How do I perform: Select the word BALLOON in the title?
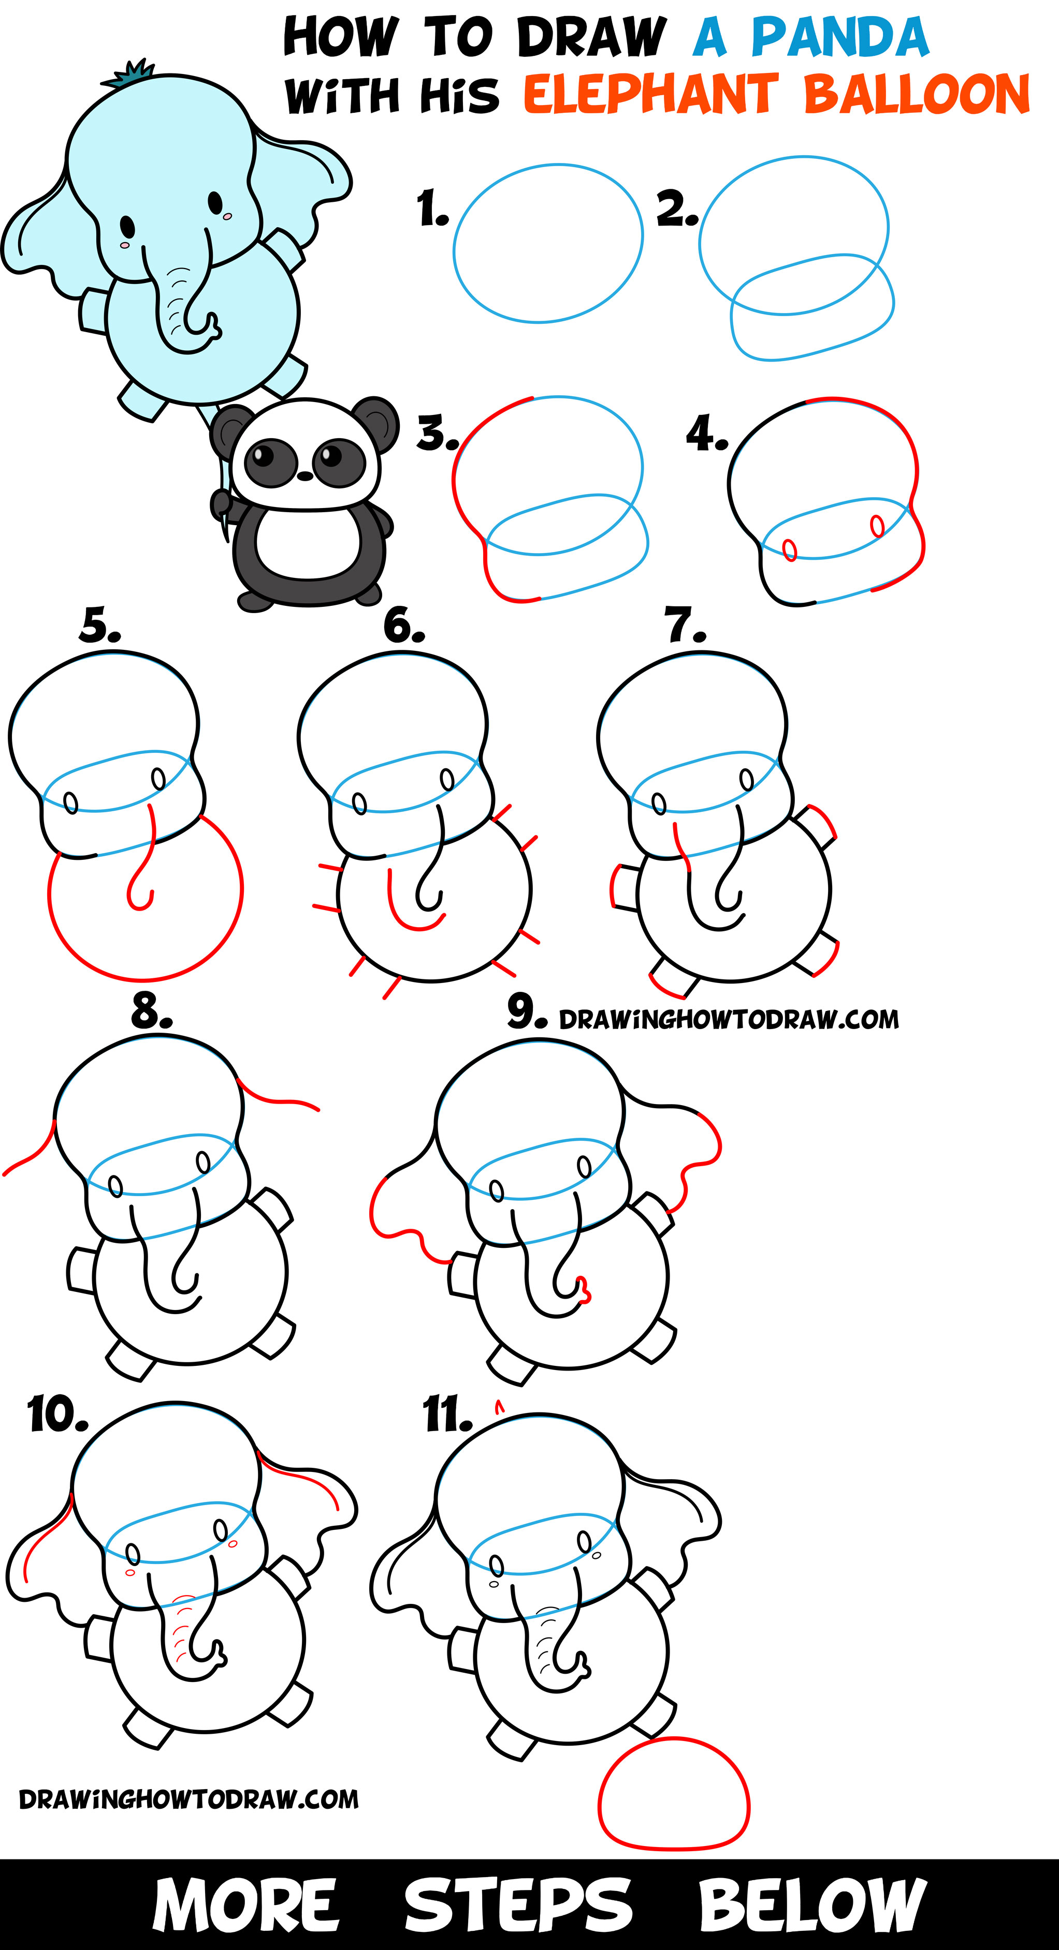pos(916,95)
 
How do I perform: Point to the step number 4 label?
pos(706,434)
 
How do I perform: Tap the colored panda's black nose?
pos(304,476)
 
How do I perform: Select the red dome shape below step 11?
pos(673,1796)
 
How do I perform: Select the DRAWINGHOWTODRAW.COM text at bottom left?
pos(188,1799)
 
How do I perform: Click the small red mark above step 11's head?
pos(499,1406)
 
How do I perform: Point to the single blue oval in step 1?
pos(548,244)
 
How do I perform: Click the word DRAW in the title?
pos(591,38)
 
